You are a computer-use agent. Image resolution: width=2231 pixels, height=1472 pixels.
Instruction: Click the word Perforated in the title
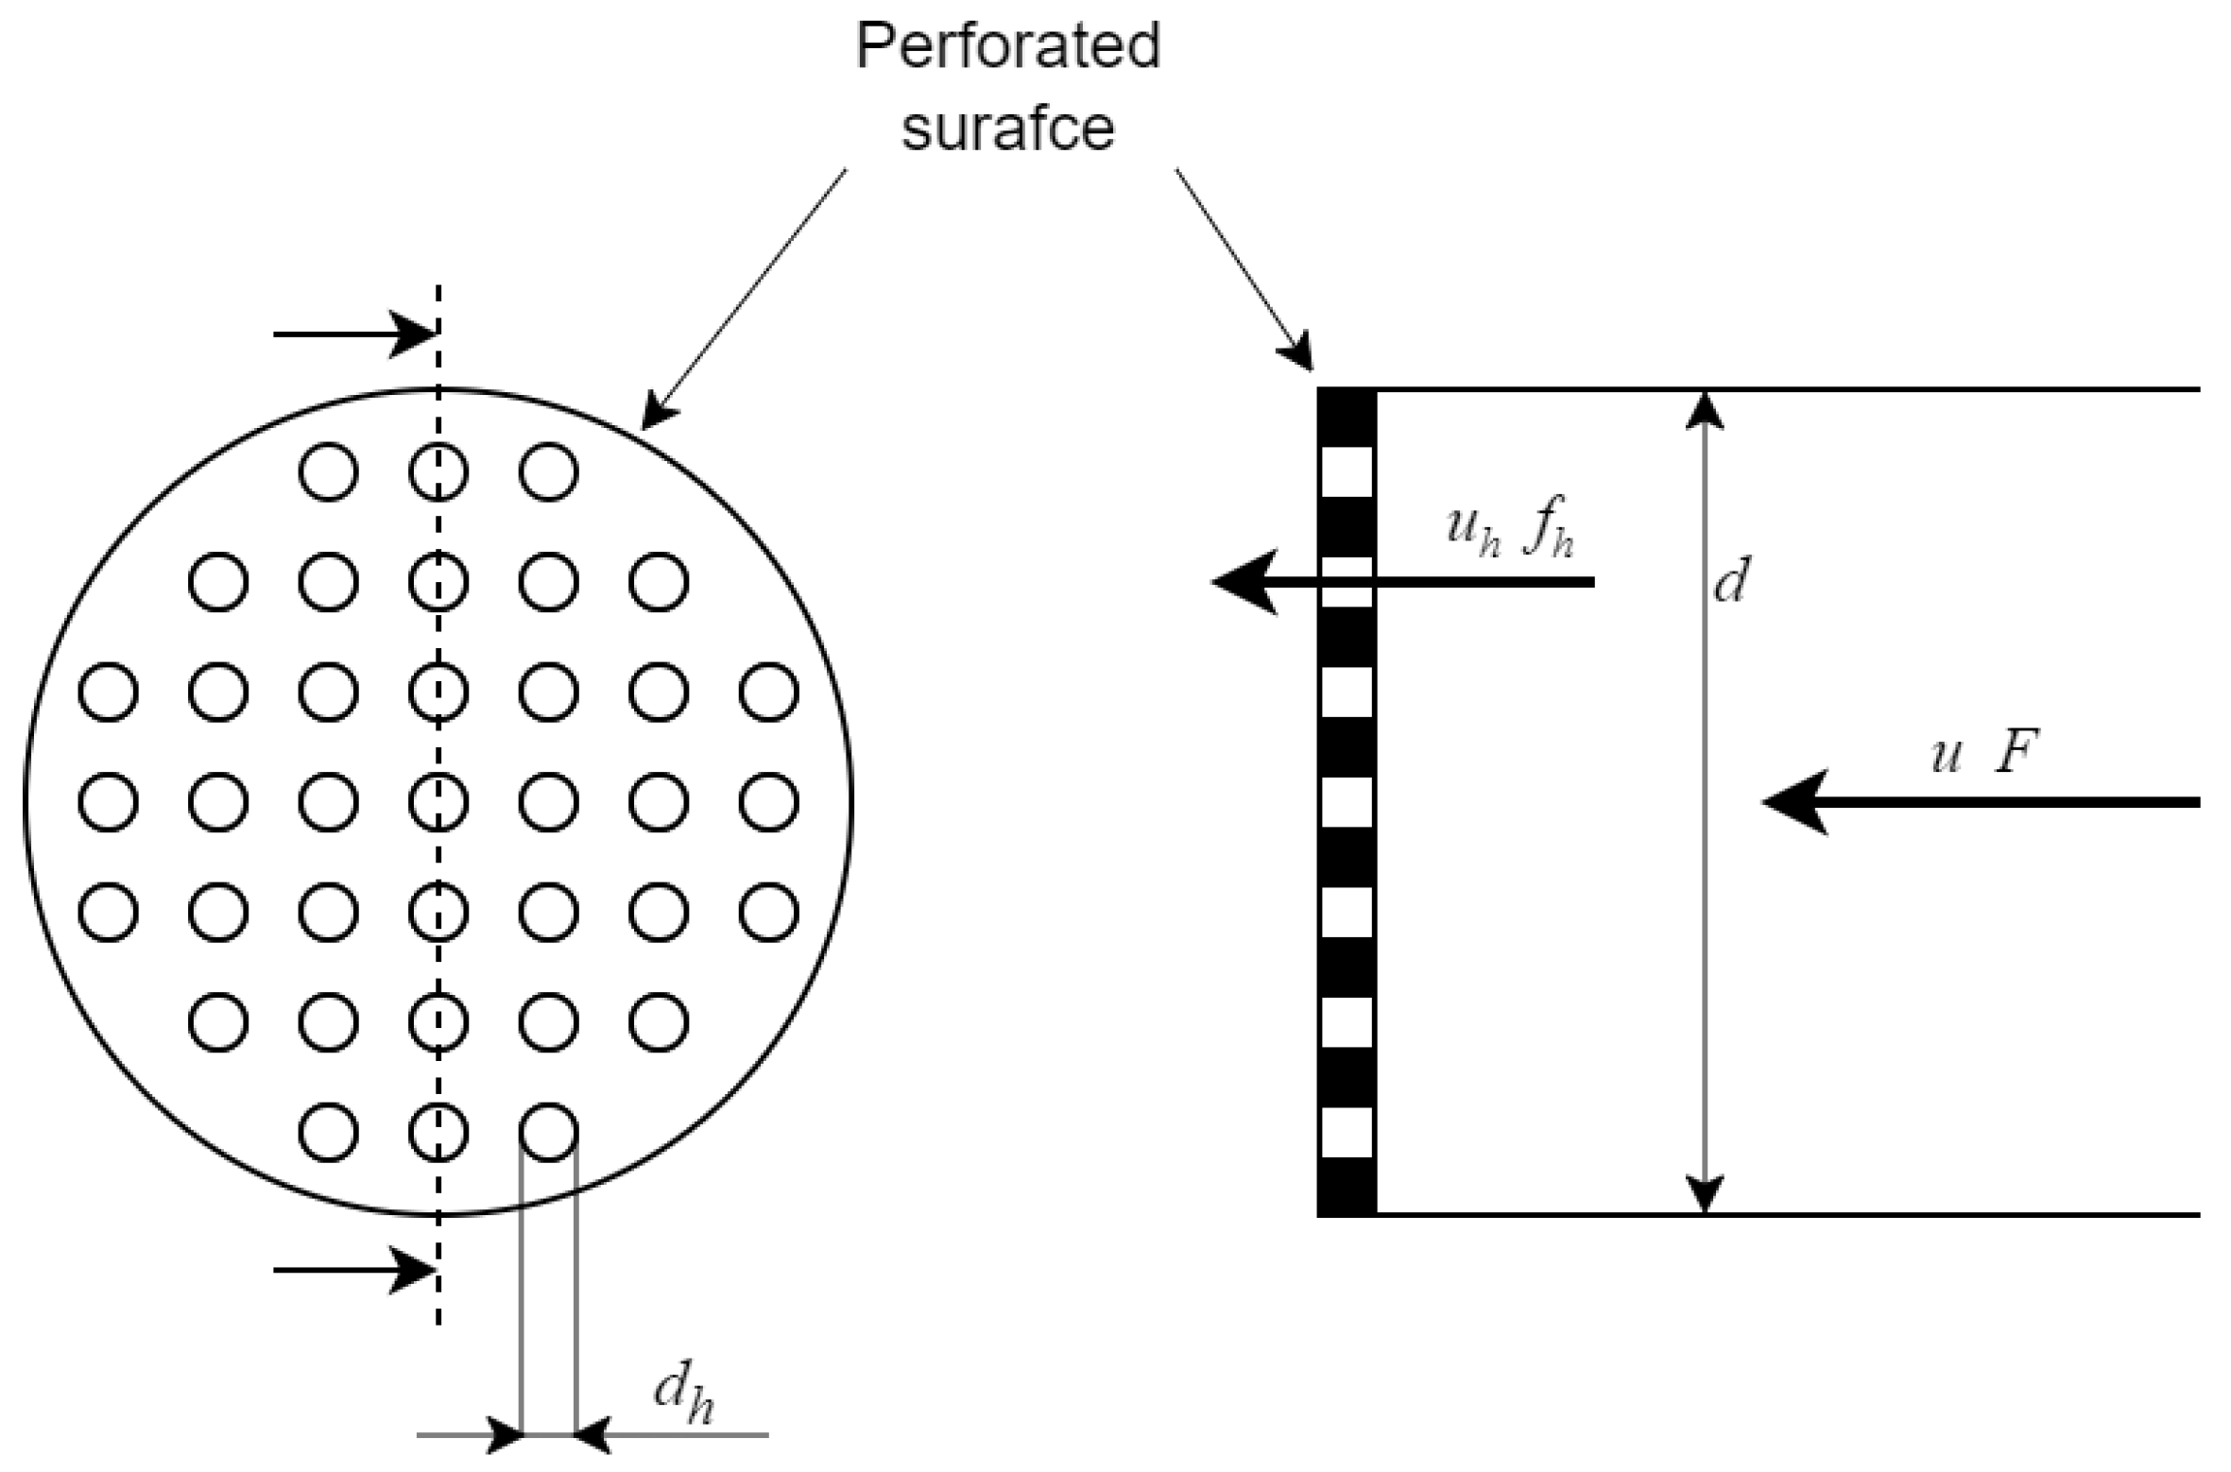click(x=1007, y=45)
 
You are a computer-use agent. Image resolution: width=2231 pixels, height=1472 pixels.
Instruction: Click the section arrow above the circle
click(x=354, y=334)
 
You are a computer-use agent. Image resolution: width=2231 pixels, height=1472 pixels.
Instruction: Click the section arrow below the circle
click(x=354, y=1270)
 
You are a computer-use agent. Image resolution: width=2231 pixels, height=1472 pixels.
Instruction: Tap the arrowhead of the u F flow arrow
click(x=1792, y=802)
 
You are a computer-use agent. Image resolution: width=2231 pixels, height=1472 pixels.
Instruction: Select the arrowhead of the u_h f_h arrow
click(x=1242, y=582)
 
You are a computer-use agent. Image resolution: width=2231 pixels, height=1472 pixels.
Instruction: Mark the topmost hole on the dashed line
click(x=438, y=471)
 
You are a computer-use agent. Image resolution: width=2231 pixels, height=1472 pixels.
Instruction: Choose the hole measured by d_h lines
click(x=548, y=1131)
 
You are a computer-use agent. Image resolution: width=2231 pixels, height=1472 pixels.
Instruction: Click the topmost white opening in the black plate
click(x=1346, y=472)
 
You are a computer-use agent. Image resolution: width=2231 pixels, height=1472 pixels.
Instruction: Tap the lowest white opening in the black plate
click(x=1346, y=1132)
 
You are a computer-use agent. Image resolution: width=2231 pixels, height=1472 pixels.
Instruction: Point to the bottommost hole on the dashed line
click(x=438, y=1131)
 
